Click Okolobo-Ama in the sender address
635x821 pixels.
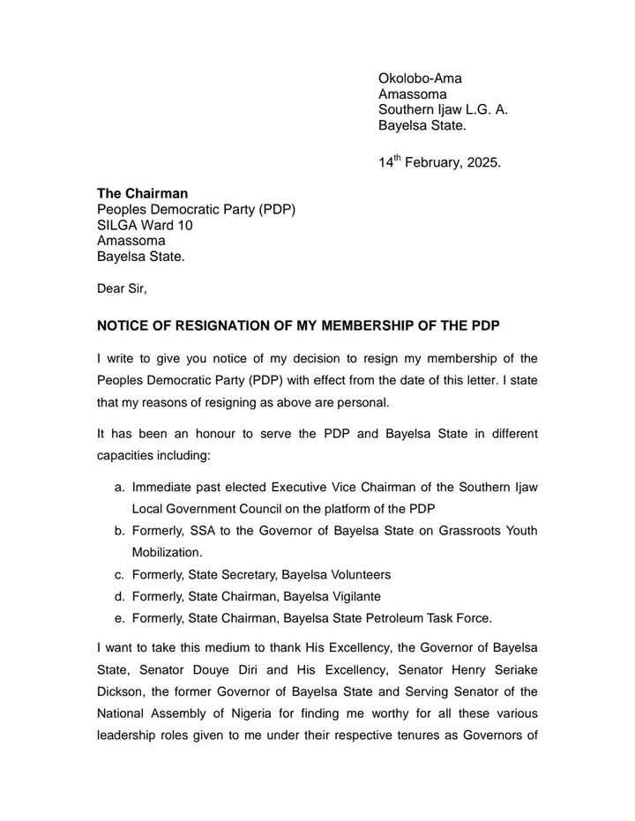[x=420, y=78]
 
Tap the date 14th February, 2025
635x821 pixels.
[x=439, y=163]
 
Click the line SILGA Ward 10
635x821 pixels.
[x=145, y=225]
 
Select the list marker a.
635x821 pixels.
[x=119, y=486]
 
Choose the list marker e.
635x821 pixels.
[x=119, y=616]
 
